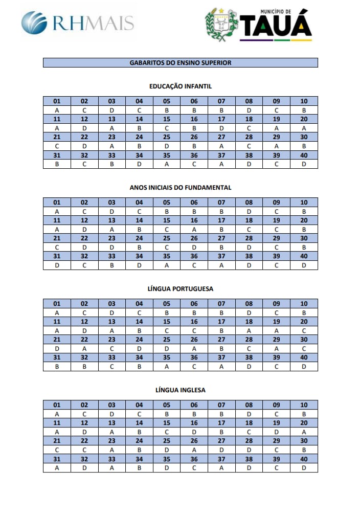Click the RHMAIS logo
point(78,23)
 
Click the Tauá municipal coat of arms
point(221,24)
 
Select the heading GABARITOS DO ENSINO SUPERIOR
point(180,63)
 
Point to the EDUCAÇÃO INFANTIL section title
point(180,86)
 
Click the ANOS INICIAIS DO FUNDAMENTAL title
point(180,188)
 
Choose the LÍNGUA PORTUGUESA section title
point(180,289)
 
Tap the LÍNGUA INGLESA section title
point(180,390)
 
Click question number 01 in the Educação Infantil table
point(57,101)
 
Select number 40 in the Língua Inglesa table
point(304,459)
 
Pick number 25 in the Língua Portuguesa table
point(166,340)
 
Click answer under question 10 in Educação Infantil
point(304,110)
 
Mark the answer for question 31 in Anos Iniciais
point(57,265)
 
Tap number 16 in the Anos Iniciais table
point(194,220)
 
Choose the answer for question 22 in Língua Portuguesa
point(84,348)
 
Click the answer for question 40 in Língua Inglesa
point(304,468)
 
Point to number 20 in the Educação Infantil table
point(304,119)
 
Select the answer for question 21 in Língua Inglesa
point(57,450)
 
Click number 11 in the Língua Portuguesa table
point(57,322)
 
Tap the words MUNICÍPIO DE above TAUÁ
point(275,11)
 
